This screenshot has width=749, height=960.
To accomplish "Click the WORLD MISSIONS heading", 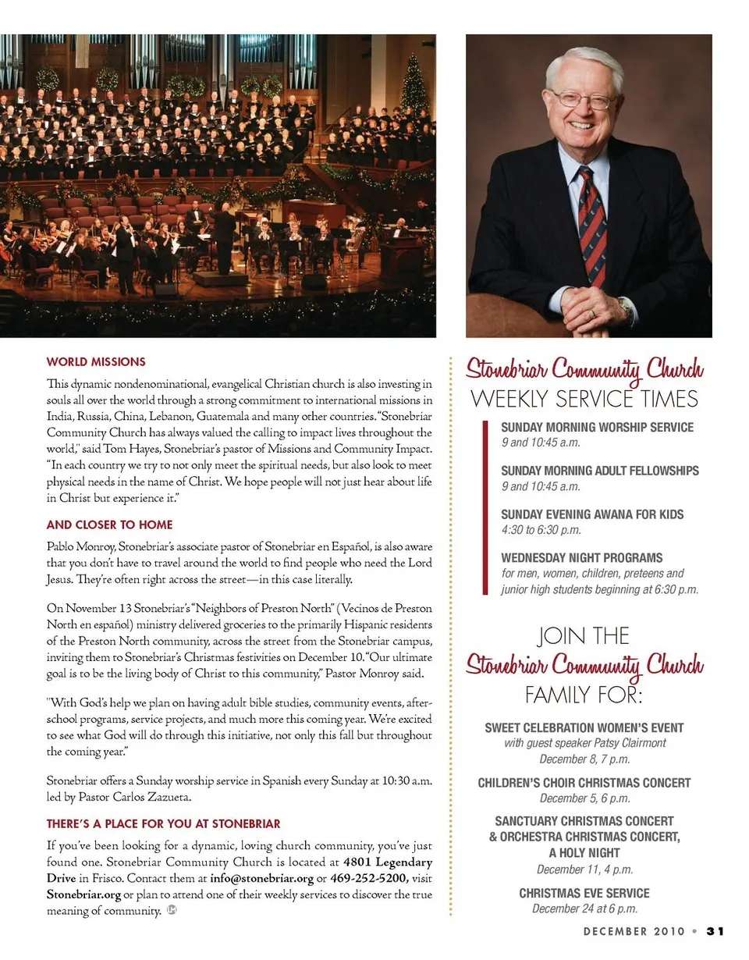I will click(96, 362).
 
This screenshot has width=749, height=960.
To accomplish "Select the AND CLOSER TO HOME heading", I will click(109, 524).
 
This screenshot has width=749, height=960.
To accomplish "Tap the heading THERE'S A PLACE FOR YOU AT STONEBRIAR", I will click(163, 823).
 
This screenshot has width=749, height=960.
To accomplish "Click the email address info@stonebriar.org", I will click(261, 878).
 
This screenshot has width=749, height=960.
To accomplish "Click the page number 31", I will click(716, 931).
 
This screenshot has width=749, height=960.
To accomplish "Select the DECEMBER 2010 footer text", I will click(634, 931).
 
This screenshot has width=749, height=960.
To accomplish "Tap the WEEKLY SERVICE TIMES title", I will click(584, 400).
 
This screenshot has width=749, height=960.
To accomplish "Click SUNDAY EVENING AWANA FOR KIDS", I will click(592, 514).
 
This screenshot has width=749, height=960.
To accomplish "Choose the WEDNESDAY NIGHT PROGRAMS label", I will click(582, 558).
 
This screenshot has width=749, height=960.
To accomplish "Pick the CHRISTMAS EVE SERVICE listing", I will click(584, 893).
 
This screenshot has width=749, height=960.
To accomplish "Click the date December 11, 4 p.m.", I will click(584, 869).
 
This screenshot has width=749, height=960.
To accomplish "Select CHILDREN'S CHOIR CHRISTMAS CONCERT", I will click(584, 783).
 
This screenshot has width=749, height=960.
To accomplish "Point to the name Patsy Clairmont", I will click(629, 743).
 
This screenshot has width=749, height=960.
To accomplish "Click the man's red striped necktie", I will click(592, 226).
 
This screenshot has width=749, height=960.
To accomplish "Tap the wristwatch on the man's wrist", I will click(625, 308).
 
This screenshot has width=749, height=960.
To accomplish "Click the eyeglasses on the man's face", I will click(583, 101).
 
